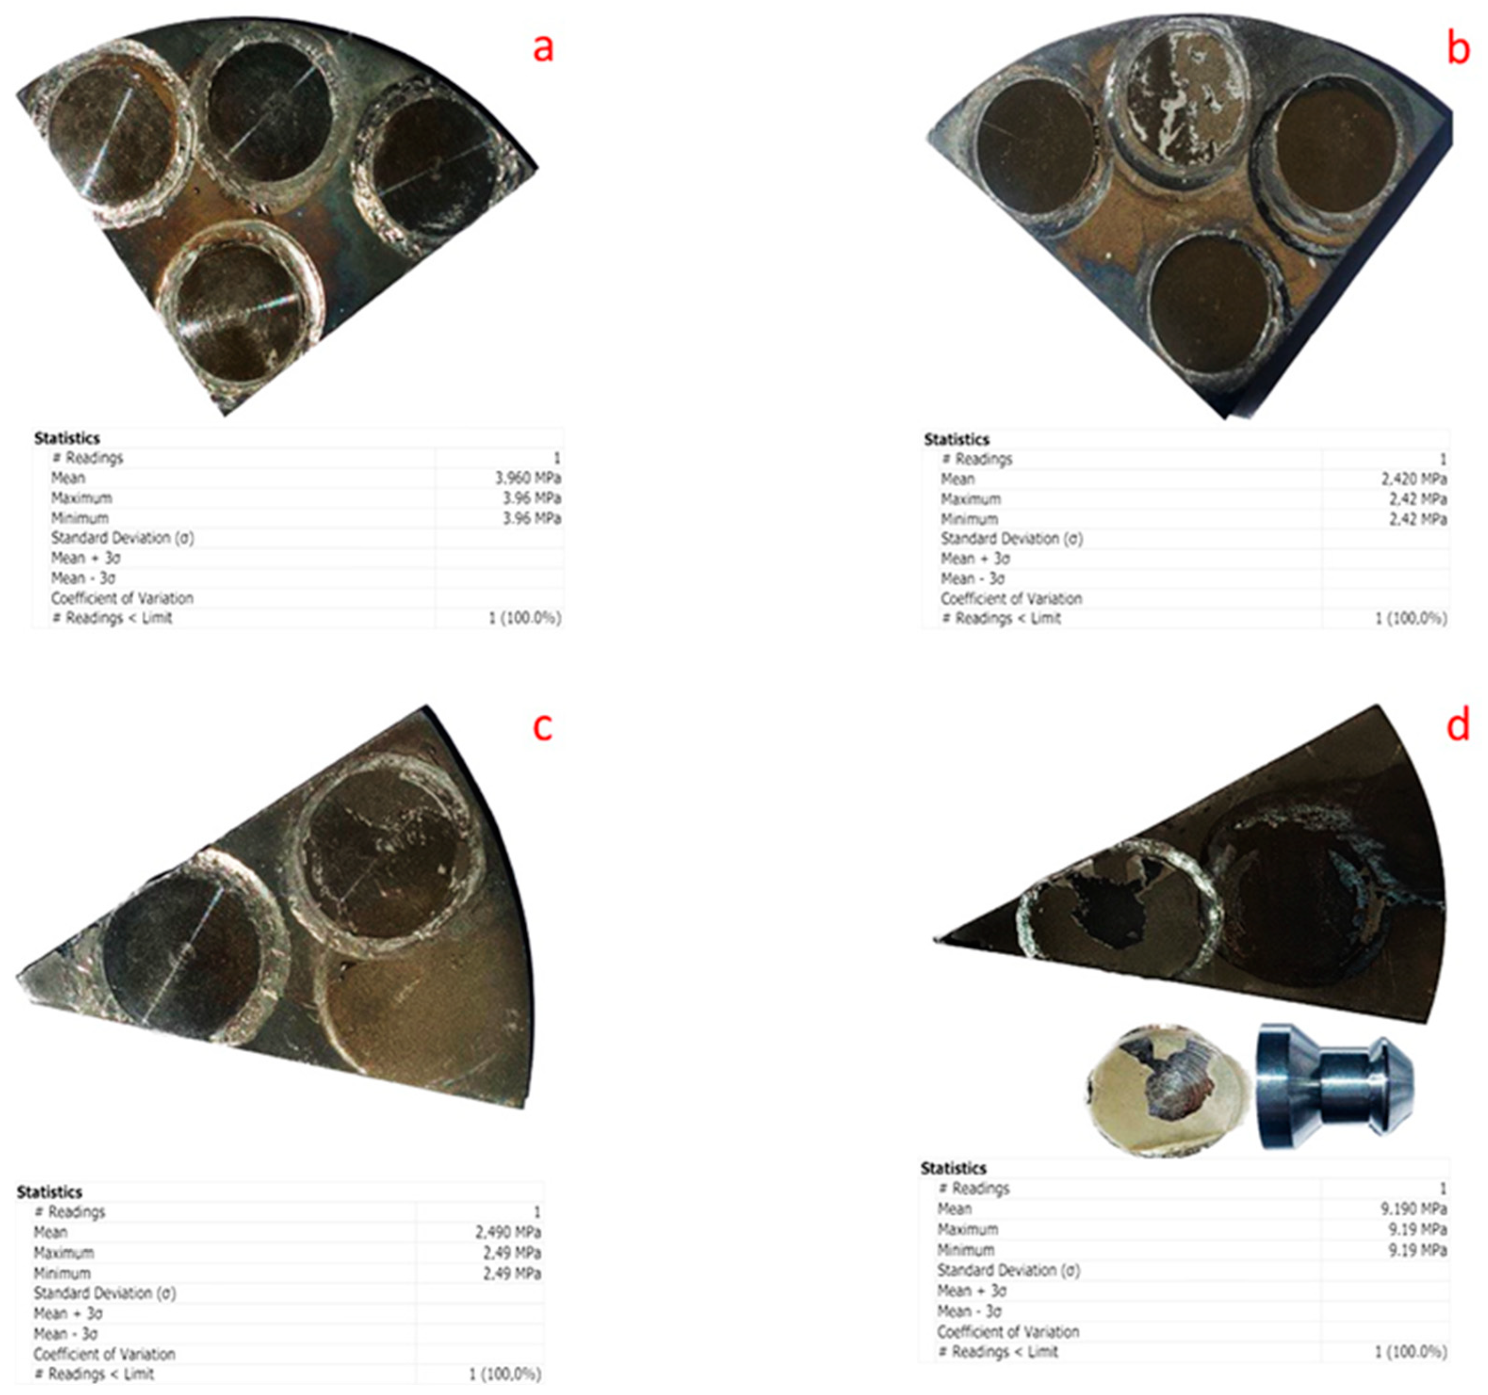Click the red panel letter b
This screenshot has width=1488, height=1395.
[x=1458, y=49]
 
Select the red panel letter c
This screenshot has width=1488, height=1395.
[x=542, y=726]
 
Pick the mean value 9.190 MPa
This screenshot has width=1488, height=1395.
[x=1416, y=1209]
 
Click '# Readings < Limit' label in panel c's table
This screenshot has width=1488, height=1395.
[x=94, y=1374]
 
